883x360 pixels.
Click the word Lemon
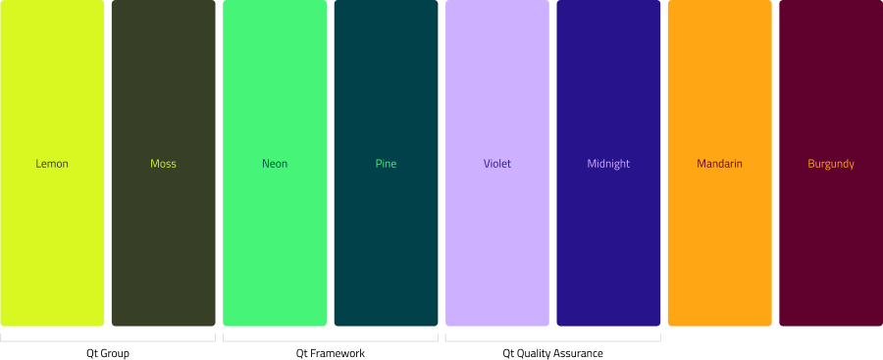tap(52, 164)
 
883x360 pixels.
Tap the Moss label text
tap(163, 164)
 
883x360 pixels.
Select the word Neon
tap(275, 164)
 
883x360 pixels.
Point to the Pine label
tap(386, 164)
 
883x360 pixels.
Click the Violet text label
tap(497, 164)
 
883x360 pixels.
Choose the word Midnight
tap(608, 164)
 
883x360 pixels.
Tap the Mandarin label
tap(719, 164)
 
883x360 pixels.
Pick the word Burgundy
tap(831, 164)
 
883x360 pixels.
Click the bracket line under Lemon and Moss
tap(108, 341)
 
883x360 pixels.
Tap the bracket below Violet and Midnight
tap(552, 341)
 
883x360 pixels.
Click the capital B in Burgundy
tap(811, 164)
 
